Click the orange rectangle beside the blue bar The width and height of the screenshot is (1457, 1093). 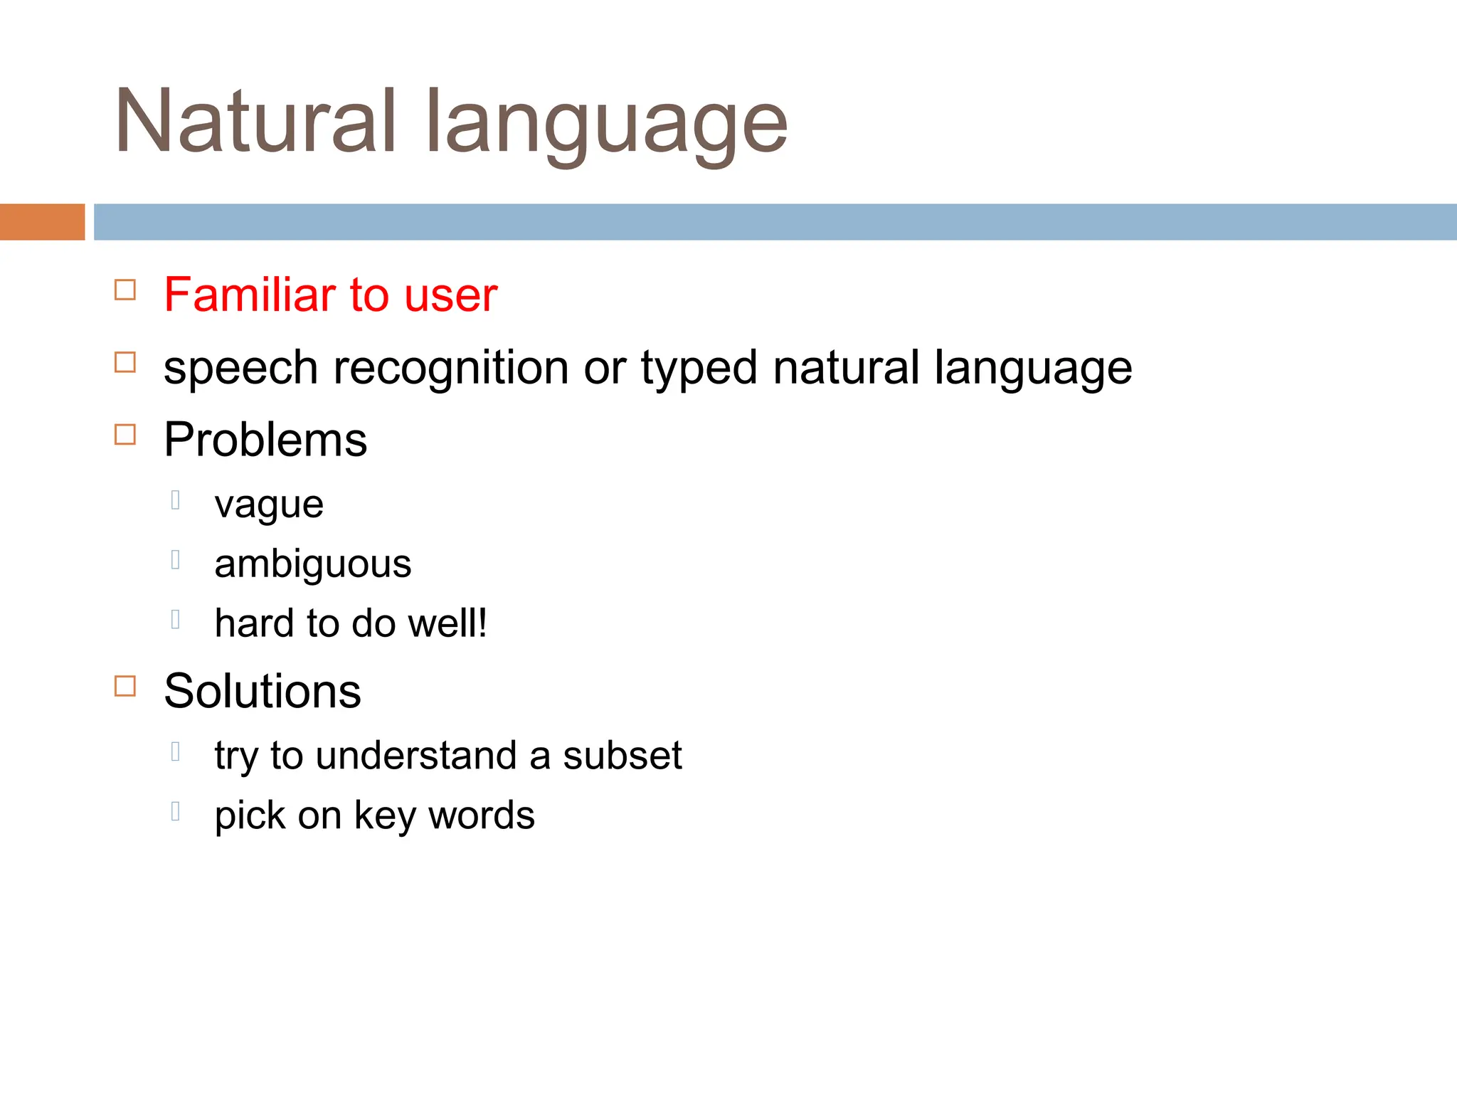42,222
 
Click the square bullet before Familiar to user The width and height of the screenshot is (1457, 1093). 125,290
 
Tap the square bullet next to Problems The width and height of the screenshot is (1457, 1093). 125,434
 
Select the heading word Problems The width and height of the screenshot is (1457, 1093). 265,440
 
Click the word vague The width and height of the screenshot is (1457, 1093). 269,505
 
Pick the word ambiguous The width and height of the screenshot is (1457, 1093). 313,564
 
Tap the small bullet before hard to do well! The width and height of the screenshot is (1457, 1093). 176,619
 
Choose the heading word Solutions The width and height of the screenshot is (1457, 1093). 263,691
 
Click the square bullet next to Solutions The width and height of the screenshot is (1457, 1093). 125,686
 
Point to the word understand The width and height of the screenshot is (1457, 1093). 416,755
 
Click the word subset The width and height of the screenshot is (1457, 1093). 622,755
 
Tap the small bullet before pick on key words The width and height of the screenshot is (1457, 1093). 176,810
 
